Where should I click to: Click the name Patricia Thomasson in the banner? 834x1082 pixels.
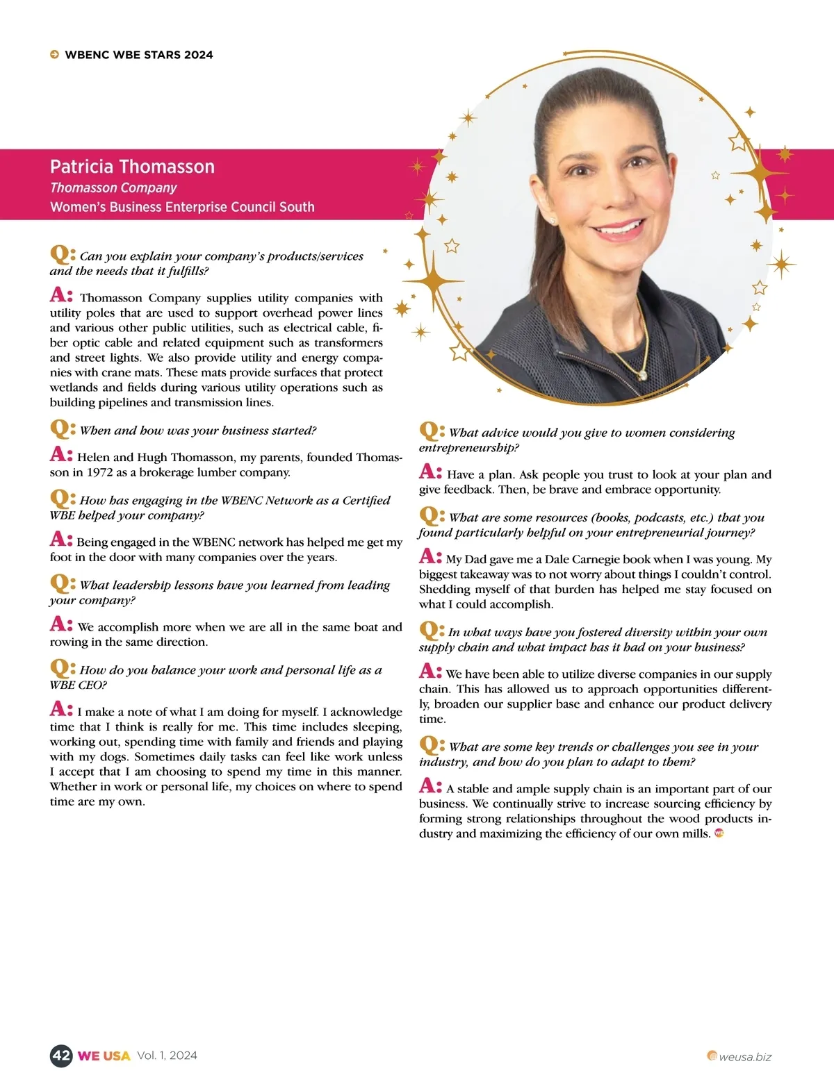point(132,167)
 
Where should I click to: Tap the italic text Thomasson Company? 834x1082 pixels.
point(113,188)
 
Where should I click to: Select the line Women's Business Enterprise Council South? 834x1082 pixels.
point(182,207)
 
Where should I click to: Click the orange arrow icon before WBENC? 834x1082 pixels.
point(54,55)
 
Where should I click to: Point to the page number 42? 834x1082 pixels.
point(61,1056)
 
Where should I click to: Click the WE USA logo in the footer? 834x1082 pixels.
point(104,1056)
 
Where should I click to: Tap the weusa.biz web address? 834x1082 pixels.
point(745,1057)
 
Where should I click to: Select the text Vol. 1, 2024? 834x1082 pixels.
point(167,1056)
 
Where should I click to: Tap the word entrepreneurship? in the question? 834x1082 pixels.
point(469,448)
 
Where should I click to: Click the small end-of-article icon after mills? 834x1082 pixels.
point(719,833)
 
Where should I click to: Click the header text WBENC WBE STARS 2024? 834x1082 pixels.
point(139,55)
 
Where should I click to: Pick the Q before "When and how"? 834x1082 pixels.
point(61,428)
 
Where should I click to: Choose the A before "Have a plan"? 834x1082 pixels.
point(430,472)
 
